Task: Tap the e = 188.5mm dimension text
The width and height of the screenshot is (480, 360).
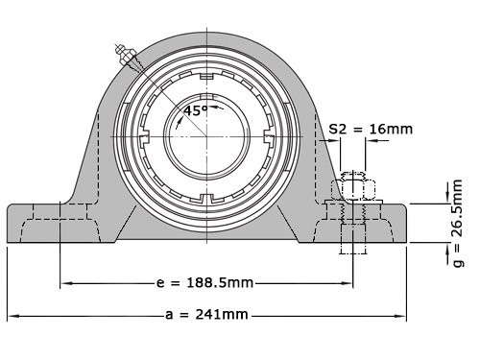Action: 205,283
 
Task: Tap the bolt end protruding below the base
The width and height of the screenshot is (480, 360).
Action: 351,248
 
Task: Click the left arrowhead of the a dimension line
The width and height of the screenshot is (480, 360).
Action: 12,315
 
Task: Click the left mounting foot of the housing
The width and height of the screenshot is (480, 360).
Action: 48,222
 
